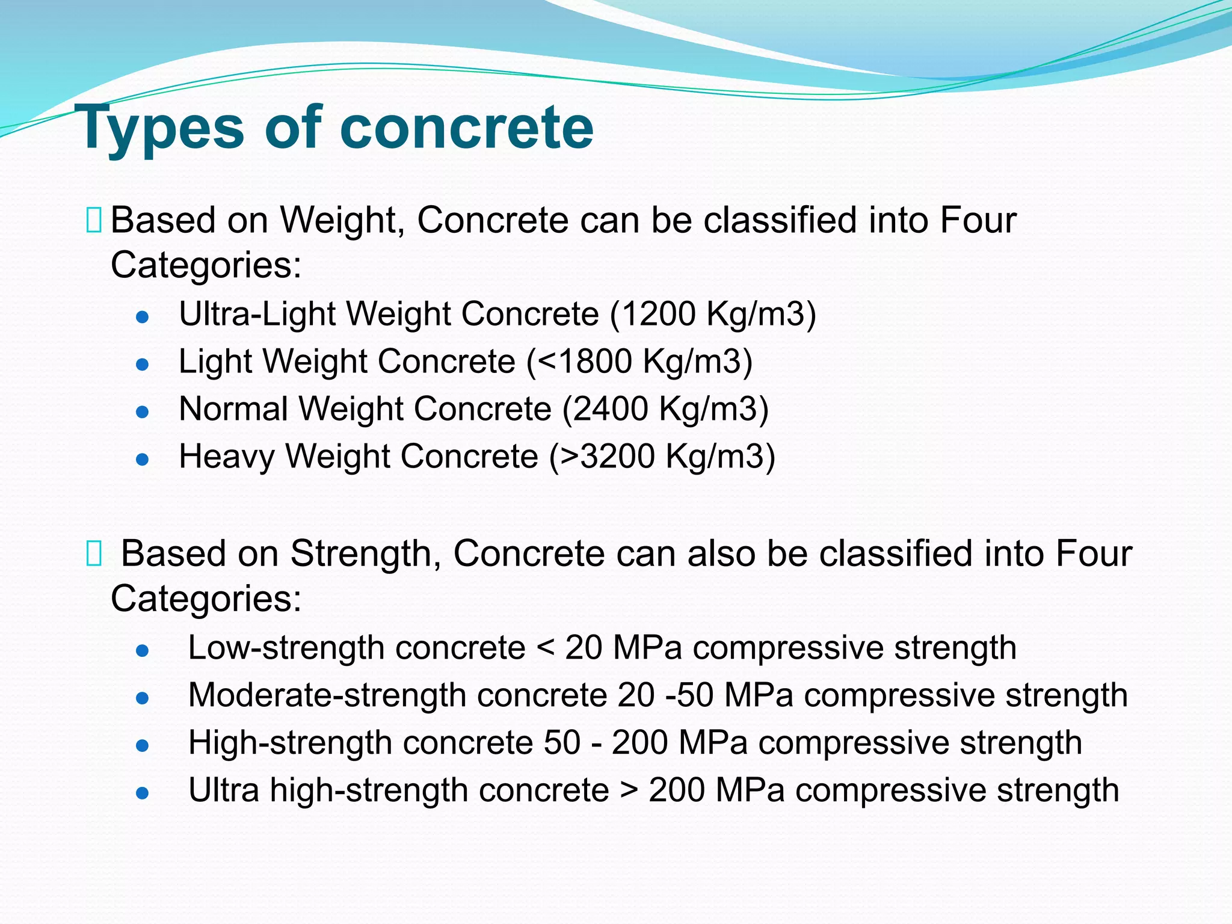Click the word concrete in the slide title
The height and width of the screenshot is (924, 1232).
(466, 128)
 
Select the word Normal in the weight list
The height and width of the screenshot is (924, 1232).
(233, 409)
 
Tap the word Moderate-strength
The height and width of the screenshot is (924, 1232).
(327, 696)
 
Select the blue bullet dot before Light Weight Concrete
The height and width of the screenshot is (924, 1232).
(143, 365)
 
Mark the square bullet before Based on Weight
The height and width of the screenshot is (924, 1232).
(94, 220)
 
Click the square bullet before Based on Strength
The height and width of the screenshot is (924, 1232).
(94, 553)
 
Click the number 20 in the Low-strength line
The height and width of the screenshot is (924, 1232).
(583, 648)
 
